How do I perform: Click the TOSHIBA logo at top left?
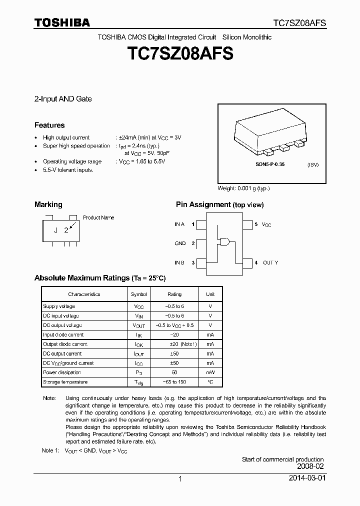62,22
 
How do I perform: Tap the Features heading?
49,125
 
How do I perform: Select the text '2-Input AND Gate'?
63,99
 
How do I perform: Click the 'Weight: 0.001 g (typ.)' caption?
243,188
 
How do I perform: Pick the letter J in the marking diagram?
56,230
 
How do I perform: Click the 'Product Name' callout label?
98,217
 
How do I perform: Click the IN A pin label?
179,224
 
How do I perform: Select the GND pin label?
180,243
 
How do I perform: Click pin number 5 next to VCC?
256,224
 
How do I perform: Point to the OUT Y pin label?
270,262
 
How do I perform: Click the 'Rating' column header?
174,294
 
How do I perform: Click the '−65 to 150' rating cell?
174,382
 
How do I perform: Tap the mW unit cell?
210,372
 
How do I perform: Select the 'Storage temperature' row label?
65,382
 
